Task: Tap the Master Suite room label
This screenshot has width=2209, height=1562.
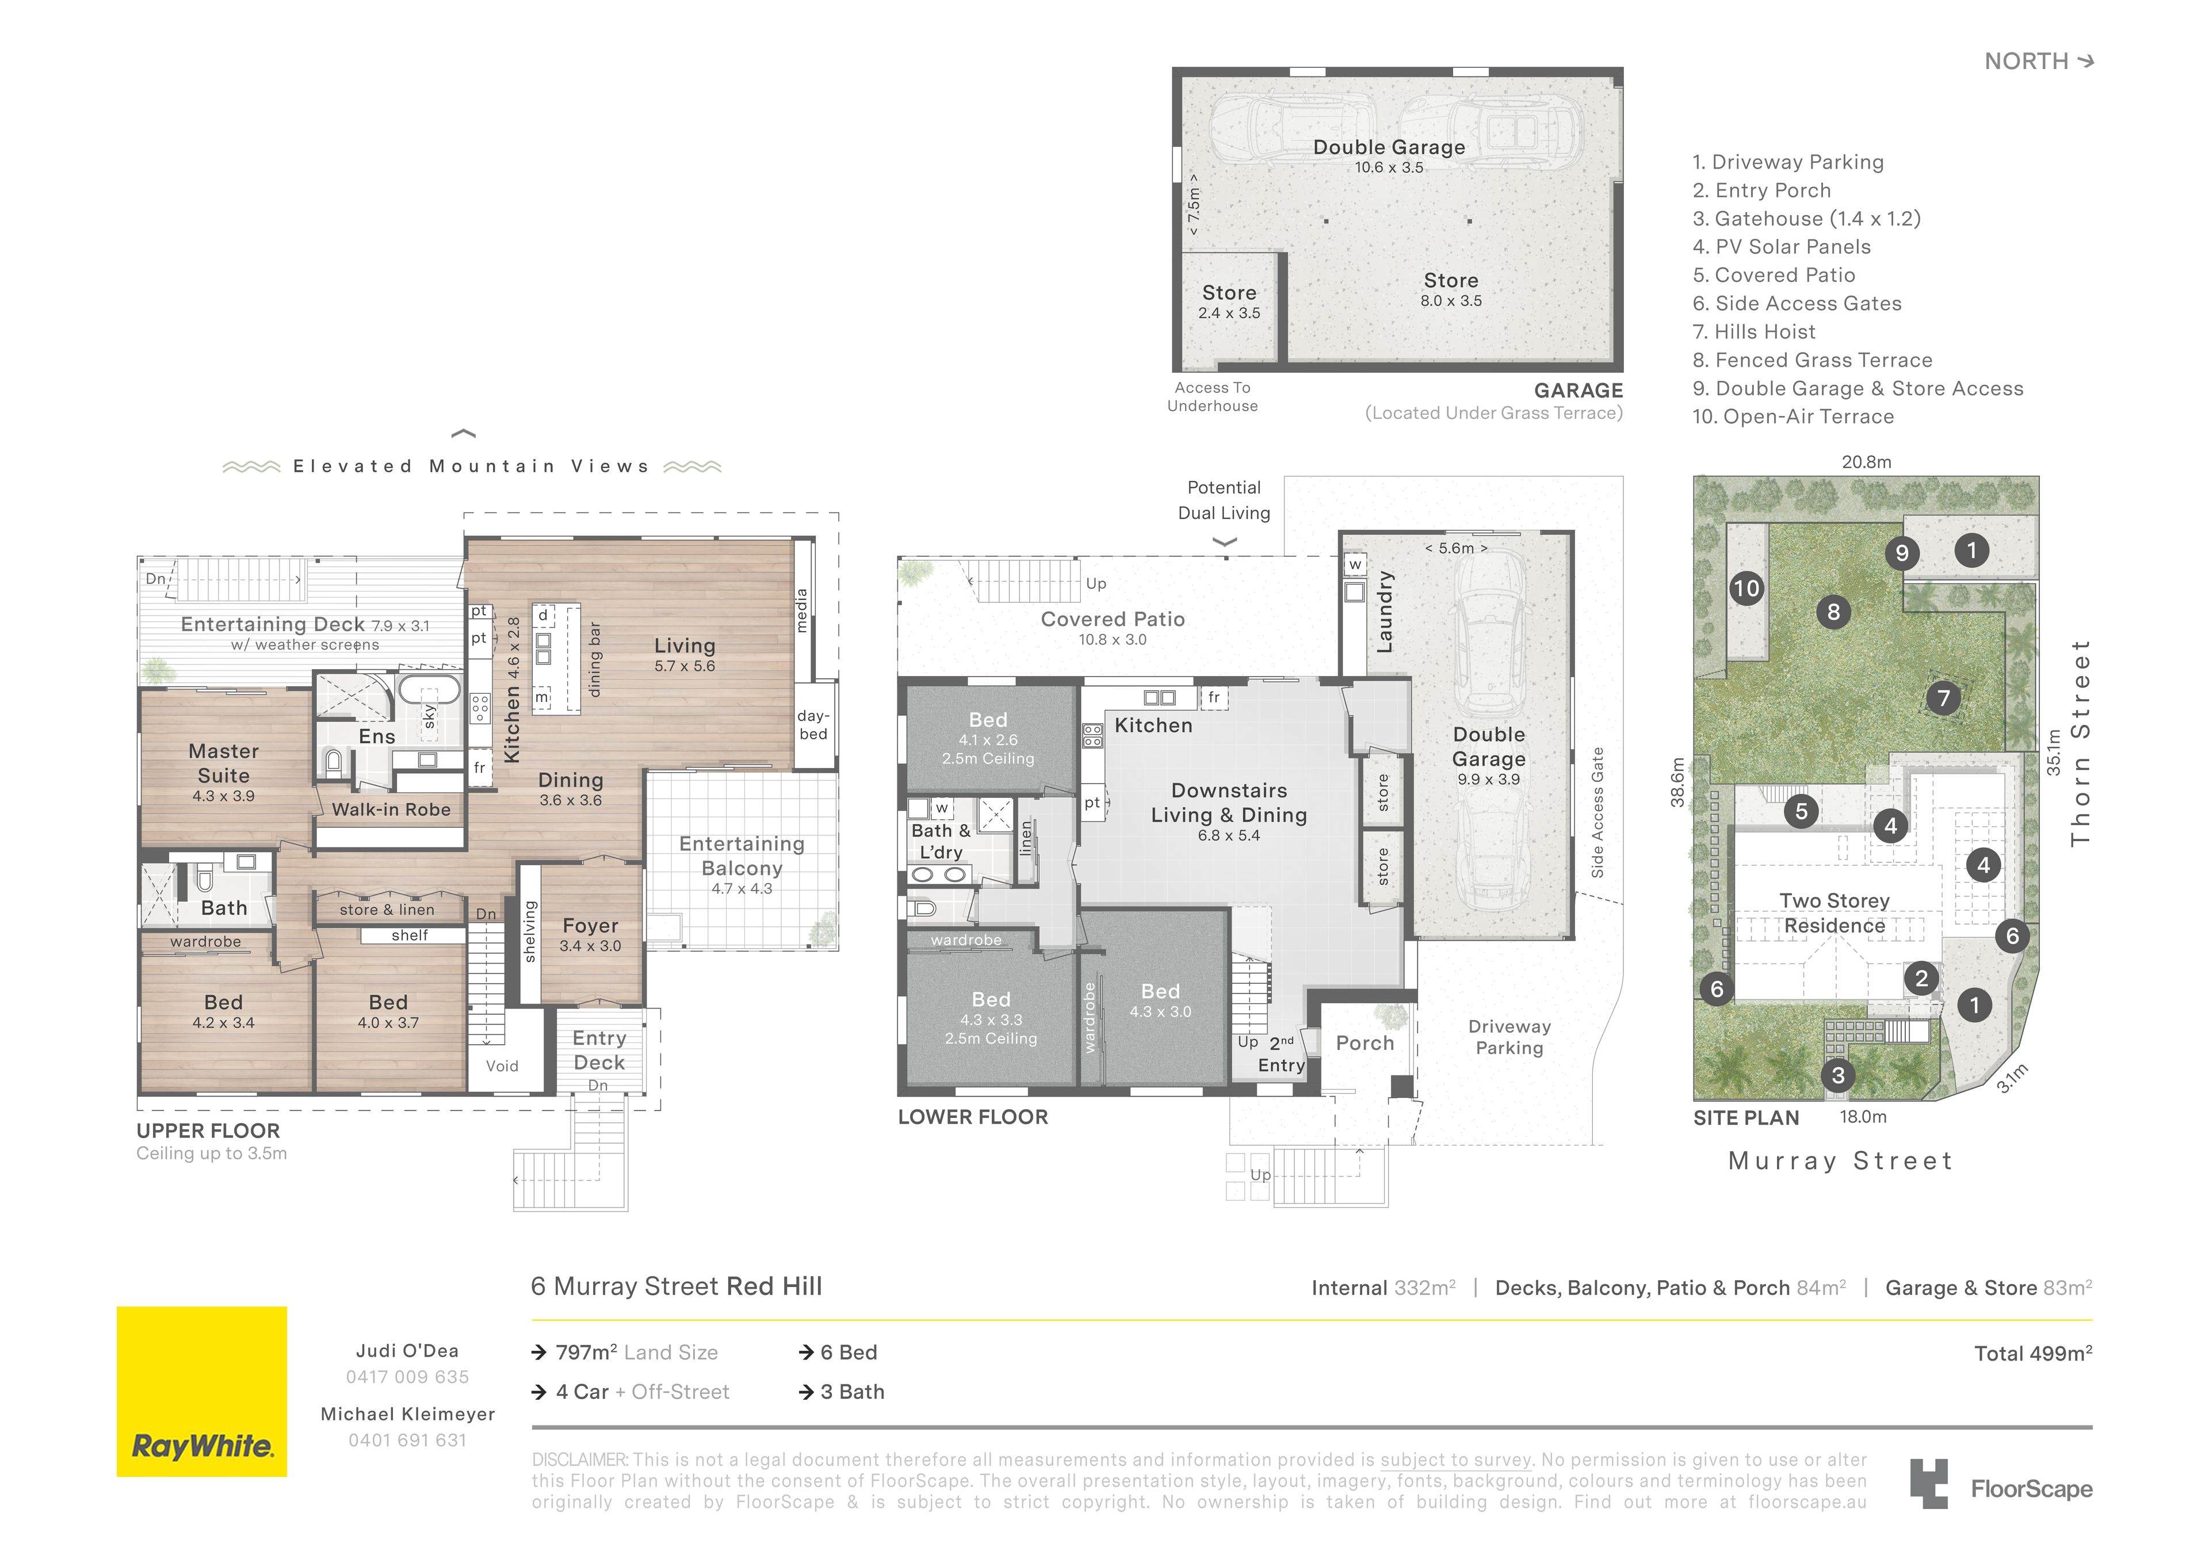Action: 223,763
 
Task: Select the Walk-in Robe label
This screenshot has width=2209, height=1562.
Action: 391,809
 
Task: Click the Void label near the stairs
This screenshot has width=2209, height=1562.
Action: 502,1065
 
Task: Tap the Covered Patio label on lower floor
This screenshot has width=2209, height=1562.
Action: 1113,619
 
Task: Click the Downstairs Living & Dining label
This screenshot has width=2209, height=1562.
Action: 1229,803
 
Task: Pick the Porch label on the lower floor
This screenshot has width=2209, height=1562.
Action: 1365,1042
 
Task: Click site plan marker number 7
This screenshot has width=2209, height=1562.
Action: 1943,698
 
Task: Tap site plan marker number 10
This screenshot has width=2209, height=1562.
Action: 1746,588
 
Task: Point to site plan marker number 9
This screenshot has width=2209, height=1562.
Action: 1902,552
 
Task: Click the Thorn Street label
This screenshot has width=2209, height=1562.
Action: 2081,742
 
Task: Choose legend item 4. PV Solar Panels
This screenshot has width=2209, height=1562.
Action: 1782,246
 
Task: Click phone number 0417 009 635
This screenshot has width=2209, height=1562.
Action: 408,1376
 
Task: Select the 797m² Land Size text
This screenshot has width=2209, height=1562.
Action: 637,1352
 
